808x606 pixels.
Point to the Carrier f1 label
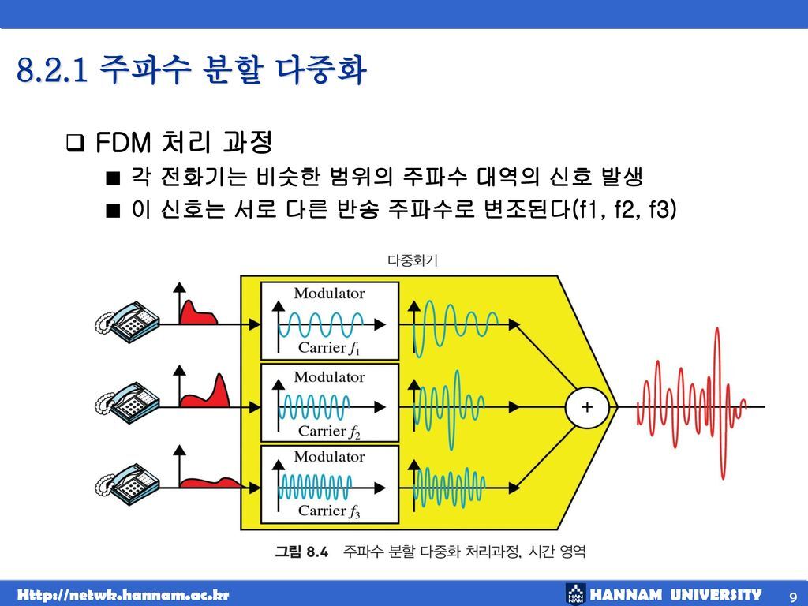(329, 348)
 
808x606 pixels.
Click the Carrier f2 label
(329, 431)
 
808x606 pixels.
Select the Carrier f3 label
(329, 511)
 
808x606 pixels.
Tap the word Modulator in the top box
(330, 294)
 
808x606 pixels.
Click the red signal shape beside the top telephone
(197, 313)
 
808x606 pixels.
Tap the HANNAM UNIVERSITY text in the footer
(676, 594)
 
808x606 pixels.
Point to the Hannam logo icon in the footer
(575, 594)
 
